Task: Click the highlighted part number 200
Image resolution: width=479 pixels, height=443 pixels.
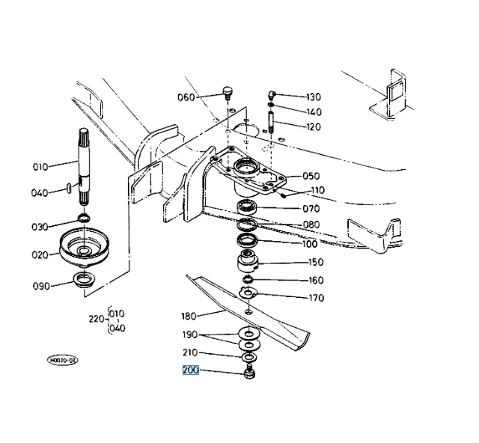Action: click(x=191, y=370)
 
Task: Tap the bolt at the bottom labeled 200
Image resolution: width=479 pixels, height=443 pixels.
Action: click(x=249, y=371)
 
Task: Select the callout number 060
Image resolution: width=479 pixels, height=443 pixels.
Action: click(x=186, y=97)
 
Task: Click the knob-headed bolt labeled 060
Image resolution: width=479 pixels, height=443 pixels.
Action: click(x=228, y=93)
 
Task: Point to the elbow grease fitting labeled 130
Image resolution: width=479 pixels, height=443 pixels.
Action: click(x=272, y=95)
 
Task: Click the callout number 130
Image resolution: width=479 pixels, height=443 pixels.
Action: click(x=314, y=97)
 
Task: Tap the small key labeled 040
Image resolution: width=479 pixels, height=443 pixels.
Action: click(x=69, y=188)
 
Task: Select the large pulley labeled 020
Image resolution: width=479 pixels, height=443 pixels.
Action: click(x=85, y=247)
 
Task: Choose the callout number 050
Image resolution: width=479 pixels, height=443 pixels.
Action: click(x=311, y=177)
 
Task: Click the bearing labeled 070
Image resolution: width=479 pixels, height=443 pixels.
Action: click(x=247, y=207)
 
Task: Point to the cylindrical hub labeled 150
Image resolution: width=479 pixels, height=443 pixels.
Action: click(x=248, y=261)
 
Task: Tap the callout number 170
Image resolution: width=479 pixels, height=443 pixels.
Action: click(x=316, y=298)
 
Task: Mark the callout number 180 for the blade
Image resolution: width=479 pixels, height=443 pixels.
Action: click(x=189, y=317)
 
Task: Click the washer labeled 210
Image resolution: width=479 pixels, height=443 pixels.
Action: click(x=249, y=357)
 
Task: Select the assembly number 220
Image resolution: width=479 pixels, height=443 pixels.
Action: click(x=97, y=320)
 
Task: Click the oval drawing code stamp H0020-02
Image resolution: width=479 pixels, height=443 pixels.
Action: click(x=63, y=360)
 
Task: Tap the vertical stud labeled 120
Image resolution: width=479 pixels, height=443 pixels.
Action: click(x=271, y=123)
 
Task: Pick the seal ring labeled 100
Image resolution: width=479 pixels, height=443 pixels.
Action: click(x=248, y=239)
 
